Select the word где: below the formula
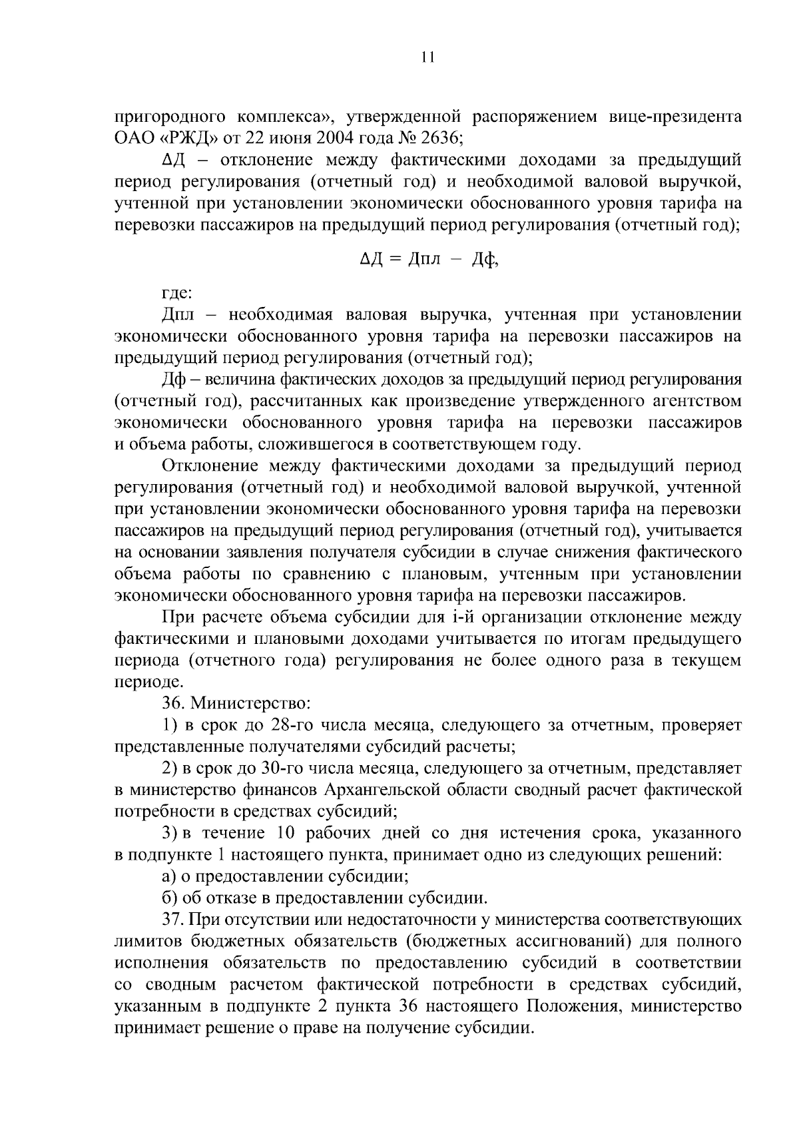click(x=177, y=293)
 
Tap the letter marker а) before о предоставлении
click(x=170, y=877)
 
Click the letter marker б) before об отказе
click(x=170, y=899)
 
